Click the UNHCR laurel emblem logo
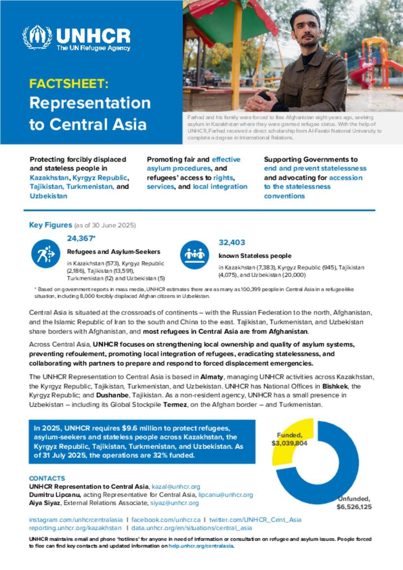pos(37,38)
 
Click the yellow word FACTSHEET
pos(68,84)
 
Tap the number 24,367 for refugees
pos(80,238)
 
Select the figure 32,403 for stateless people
pos(232,243)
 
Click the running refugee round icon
pos(46,254)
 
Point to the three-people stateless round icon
pos(194,255)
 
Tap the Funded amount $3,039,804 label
pos(289,443)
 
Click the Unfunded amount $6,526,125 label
pos(354,507)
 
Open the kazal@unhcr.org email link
pos(176,487)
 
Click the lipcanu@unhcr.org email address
pos(226,495)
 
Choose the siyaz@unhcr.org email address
pos(174,503)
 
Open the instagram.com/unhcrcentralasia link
pos(76,520)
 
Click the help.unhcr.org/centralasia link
pos(201,546)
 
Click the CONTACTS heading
pos(47,478)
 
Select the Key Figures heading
pos(50,225)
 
